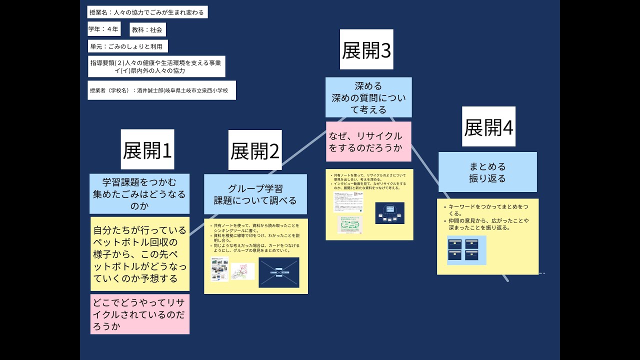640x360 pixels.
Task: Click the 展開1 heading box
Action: point(147,149)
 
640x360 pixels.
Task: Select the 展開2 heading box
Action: point(254,150)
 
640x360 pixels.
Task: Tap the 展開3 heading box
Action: point(366,49)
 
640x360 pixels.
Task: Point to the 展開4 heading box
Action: point(488,126)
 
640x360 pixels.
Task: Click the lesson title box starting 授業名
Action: point(147,12)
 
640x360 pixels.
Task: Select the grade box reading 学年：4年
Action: point(104,29)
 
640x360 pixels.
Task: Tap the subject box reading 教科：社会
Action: point(147,29)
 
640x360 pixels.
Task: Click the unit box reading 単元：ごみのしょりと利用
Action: point(127,46)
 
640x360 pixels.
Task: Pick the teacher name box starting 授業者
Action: point(161,90)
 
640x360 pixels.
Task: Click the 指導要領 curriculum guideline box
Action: point(156,66)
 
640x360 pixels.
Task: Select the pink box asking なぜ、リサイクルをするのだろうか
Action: point(368,141)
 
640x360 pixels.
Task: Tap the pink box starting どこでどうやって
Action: point(140,314)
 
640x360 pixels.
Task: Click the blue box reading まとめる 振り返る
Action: point(487,172)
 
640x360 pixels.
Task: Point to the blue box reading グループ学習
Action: point(255,194)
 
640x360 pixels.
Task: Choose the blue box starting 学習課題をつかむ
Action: point(140,193)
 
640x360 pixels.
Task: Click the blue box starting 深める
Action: point(368,97)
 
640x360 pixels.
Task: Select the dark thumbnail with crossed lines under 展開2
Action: point(278,272)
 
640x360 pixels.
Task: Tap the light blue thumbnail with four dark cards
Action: point(466,250)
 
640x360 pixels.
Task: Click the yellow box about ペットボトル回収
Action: point(140,253)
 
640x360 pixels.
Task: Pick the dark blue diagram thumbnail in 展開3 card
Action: point(389,212)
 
